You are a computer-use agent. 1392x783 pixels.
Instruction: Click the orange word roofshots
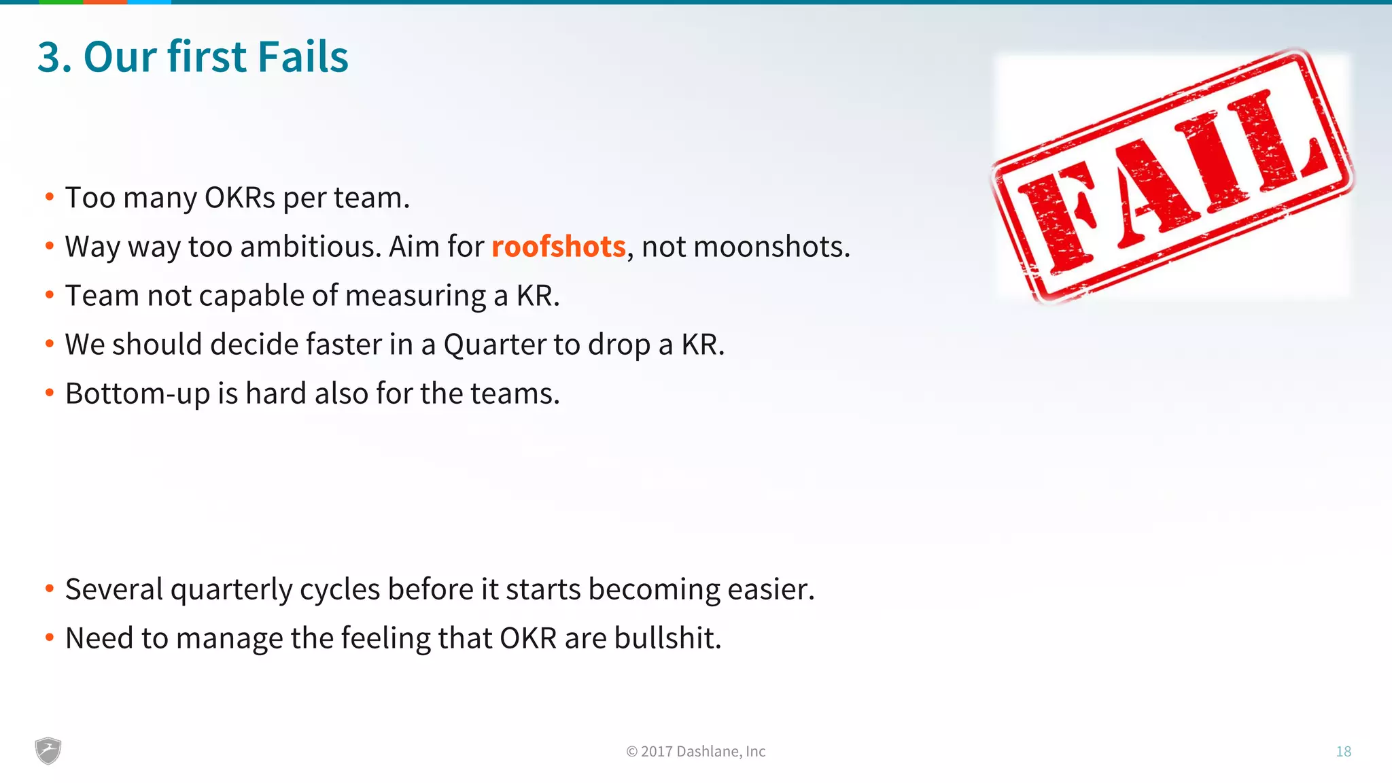(558, 247)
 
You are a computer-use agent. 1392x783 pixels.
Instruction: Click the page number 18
(1343, 751)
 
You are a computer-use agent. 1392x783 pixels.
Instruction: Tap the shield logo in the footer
(48, 750)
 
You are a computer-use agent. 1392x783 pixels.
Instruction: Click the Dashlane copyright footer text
(695, 751)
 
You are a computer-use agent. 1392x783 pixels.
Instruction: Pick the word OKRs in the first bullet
(240, 198)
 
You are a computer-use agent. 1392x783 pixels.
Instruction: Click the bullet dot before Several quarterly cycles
(50, 589)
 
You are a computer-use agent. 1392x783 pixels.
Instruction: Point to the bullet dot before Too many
(50, 197)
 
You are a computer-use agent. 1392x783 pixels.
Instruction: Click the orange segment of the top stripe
(105, 2)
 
